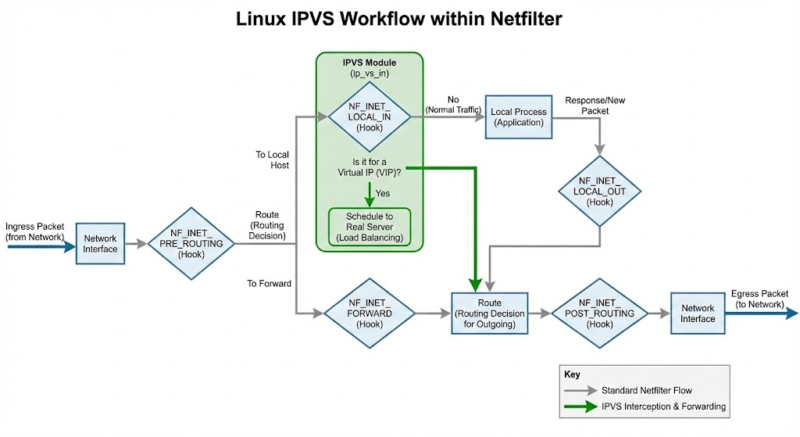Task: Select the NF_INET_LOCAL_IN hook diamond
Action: (x=370, y=116)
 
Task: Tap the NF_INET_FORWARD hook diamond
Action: (x=370, y=313)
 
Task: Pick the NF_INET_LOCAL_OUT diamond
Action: (x=600, y=192)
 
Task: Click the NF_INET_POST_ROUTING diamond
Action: (x=600, y=313)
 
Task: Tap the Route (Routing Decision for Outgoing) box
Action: (x=490, y=313)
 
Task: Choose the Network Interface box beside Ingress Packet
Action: (x=100, y=244)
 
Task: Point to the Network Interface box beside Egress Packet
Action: (x=698, y=313)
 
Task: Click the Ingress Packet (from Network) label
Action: (x=35, y=231)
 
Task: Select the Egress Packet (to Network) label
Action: (x=761, y=299)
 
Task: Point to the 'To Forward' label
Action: (x=270, y=284)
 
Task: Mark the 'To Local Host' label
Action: (x=272, y=160)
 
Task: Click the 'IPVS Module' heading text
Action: (x=369, y=62)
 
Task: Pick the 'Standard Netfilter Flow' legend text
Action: (x=646, y=389)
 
